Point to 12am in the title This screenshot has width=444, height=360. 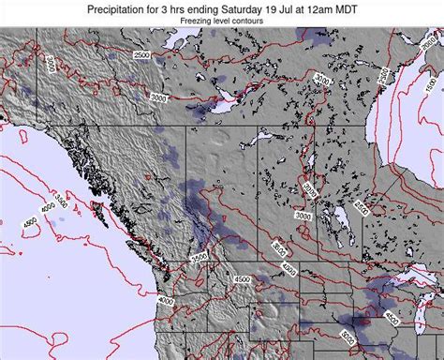tap(311, 8)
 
